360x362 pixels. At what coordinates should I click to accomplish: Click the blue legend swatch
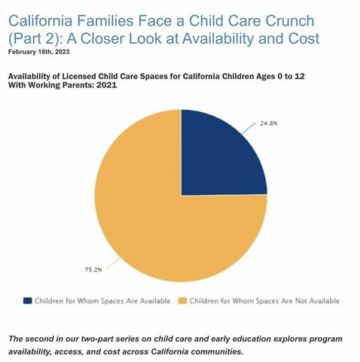28,300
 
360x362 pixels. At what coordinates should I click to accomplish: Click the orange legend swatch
182,300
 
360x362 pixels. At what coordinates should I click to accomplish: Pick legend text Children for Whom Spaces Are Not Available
264,300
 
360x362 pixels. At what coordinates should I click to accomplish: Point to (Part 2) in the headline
35,38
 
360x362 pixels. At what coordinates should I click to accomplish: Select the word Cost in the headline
301,38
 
